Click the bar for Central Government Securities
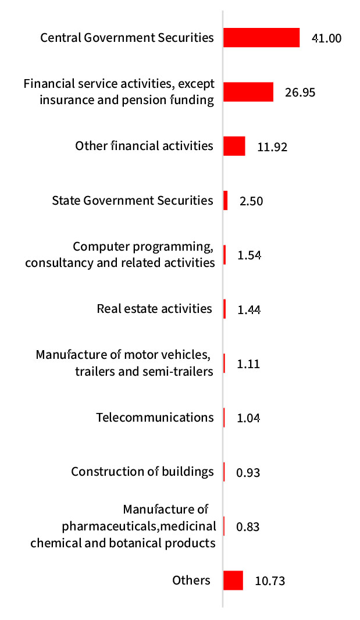(261, 38)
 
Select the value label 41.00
(326, 39)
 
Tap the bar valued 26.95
(248, 92)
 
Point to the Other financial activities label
(144, 145)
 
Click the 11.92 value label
(272, 147)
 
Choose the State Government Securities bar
(226, 201)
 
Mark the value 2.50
(251, 201)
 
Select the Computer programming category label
(120, 254)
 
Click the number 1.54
(249, 255)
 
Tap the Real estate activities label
(154, 308)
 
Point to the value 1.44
(249, 310)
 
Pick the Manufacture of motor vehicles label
(124, 362)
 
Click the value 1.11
(248, 364)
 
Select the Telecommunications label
(155, 417)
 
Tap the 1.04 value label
(248, 418)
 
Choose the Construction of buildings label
(142, 471)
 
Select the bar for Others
(233, 580)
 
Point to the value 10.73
(270, 581)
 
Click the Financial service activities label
(119, 91)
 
